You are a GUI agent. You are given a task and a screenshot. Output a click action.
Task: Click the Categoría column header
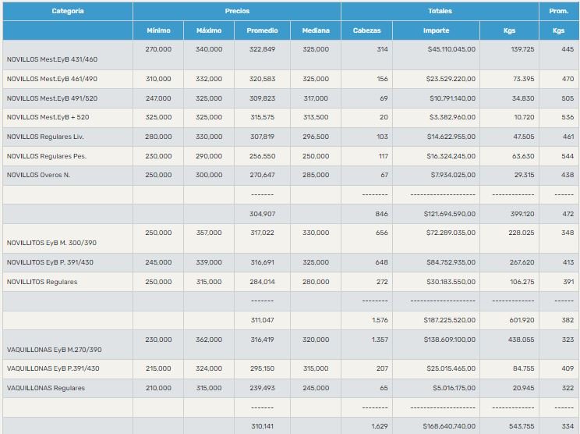tap(68, 12)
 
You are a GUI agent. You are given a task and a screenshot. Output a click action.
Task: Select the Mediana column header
tap(315, 30)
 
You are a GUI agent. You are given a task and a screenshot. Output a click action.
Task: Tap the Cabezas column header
tap(366, 30)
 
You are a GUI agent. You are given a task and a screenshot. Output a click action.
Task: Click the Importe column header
tap(436, 30)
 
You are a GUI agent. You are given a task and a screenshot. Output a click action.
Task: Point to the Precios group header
tap(237, 12)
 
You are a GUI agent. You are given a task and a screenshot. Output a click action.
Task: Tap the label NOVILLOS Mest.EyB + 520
tap(49, 117)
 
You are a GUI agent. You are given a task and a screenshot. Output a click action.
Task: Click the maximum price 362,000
tap(209, 340)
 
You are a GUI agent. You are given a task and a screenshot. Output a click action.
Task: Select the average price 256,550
tap(263, 155)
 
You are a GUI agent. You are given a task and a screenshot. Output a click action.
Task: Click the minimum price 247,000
tap(158, 98)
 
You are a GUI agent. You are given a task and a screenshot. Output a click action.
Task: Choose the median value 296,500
tap(316, 137)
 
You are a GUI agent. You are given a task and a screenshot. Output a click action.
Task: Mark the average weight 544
tap(568, 155)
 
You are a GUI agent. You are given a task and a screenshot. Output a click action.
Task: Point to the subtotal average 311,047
tap(263, 320)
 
